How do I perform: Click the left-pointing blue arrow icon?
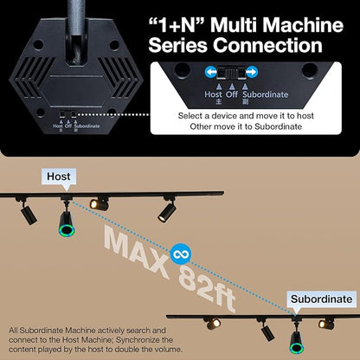point(211,72)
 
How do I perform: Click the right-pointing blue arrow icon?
point(252,72)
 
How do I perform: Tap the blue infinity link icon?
point(180,254)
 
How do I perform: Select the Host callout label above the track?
point(59,177)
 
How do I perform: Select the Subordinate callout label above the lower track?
point(321,299)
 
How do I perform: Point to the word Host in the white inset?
point(213,94)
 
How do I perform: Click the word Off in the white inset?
point(232,94)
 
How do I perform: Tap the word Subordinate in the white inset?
point(266,94)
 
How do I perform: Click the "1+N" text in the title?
point(177,25)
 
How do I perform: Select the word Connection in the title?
point(267,45)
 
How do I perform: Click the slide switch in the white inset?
point(231,72)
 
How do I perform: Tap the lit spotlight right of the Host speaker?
point(99,204)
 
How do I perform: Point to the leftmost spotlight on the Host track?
point(28,213)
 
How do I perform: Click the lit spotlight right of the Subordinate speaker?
point(326,324)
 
